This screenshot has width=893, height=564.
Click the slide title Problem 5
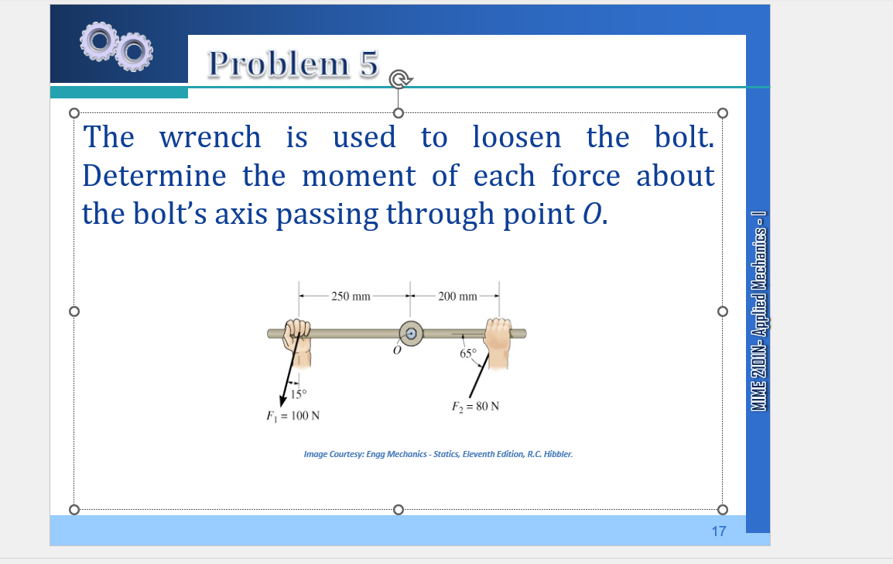[293, 64]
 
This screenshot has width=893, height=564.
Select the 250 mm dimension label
[351, 296]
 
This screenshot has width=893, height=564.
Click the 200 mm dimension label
[457, 296]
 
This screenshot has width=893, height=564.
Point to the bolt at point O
[412, 333]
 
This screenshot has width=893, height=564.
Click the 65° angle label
[469, 355]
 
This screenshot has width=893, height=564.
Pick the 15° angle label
[299, 394]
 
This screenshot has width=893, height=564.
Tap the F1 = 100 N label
[293, 416]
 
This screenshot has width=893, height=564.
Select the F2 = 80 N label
[475, 406]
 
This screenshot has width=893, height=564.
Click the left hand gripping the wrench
[297, 341]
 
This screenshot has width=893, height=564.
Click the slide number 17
[719, 531]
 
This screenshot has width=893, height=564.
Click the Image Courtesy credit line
[438, 454]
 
